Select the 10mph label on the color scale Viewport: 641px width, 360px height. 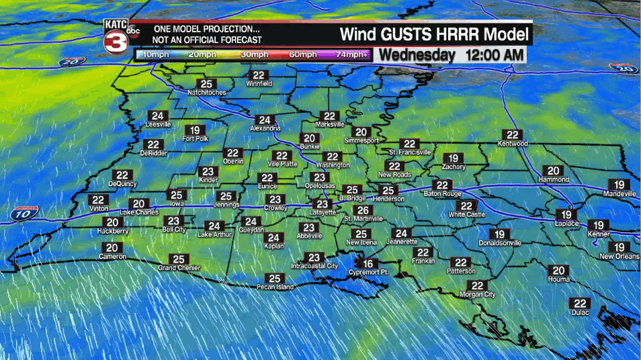point(156,54)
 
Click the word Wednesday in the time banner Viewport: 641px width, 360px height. point(417,56)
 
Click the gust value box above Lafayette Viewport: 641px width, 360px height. point(323,204)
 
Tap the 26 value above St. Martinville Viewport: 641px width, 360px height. point(362,210)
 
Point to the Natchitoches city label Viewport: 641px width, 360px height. point(207,93)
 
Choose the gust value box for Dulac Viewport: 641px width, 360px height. point(580,304)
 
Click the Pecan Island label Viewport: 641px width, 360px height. point(275,287)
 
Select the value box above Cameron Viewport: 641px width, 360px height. point(112,248)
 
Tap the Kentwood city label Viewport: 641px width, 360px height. point(513,144)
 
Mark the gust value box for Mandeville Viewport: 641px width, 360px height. point(619,185)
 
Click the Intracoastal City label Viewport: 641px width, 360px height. point(314,267)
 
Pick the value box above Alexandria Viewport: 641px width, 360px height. point(265,120)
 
